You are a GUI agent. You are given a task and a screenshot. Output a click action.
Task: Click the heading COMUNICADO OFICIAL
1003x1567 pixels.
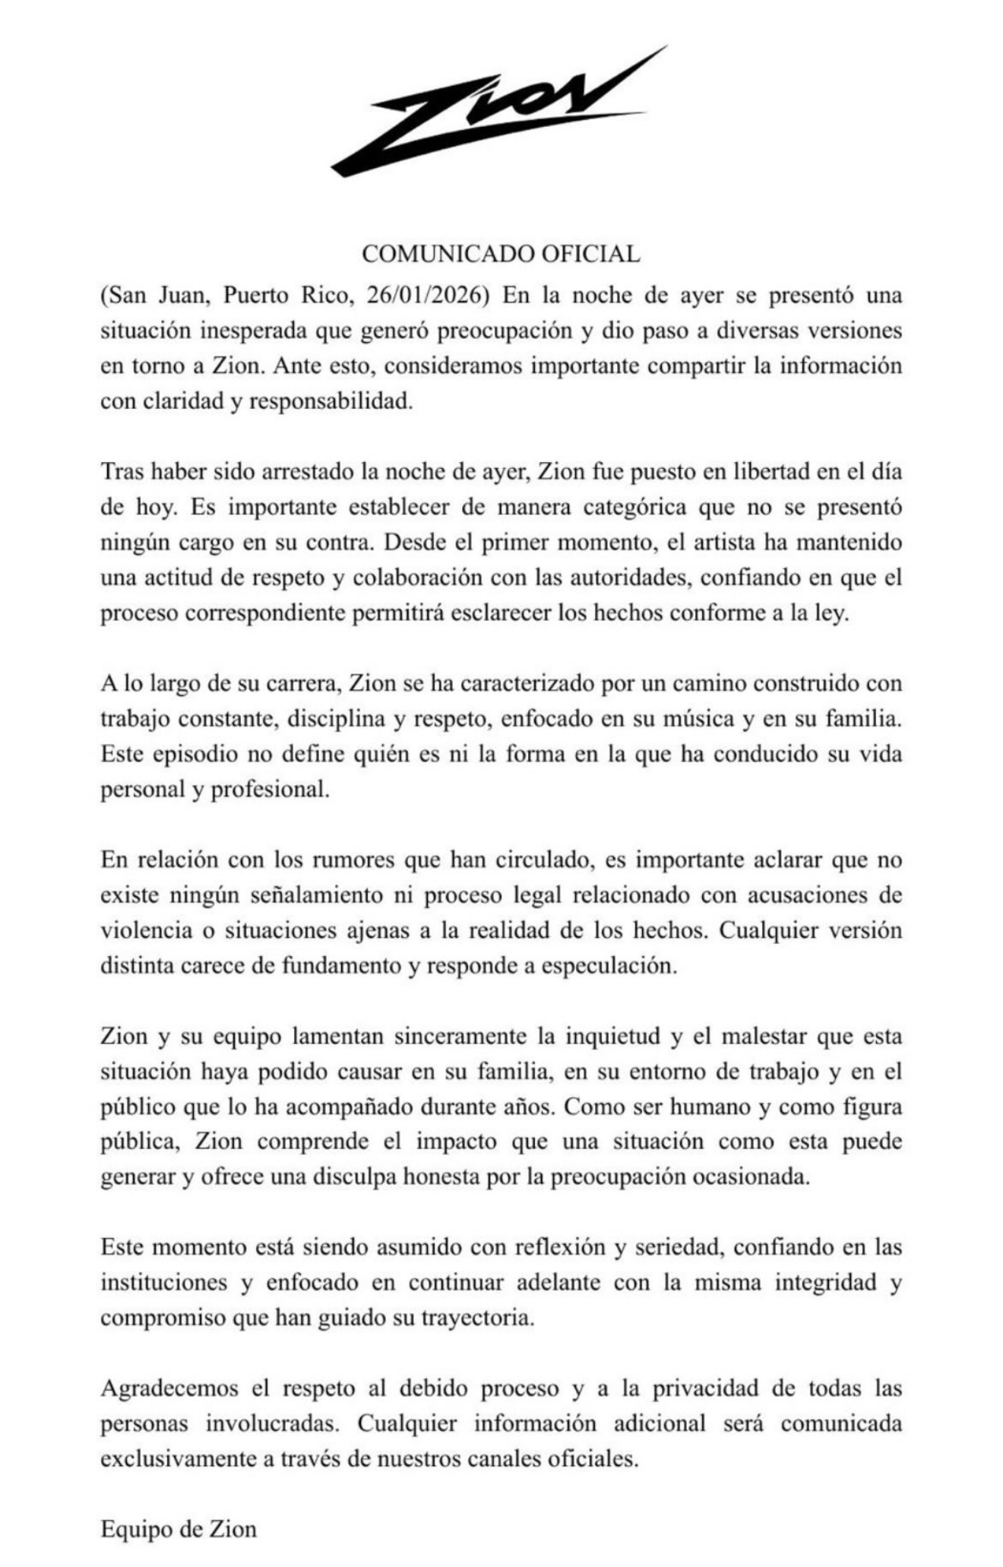coord(501,254)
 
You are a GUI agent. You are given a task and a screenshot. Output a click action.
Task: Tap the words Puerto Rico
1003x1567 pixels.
coord(288,296)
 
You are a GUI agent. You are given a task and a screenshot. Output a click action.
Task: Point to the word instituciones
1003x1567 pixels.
coord(163,1283)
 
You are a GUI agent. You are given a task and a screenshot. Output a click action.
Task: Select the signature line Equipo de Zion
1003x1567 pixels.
coord(179,1529)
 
